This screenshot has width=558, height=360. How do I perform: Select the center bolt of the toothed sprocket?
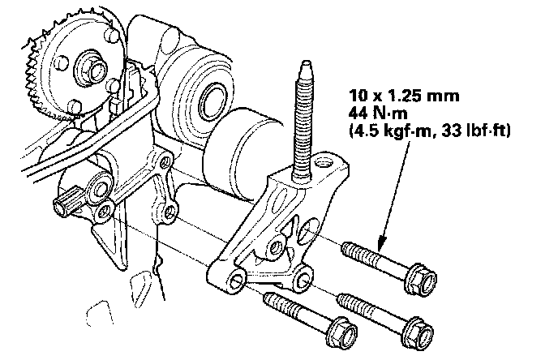click(x=88, y=62)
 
